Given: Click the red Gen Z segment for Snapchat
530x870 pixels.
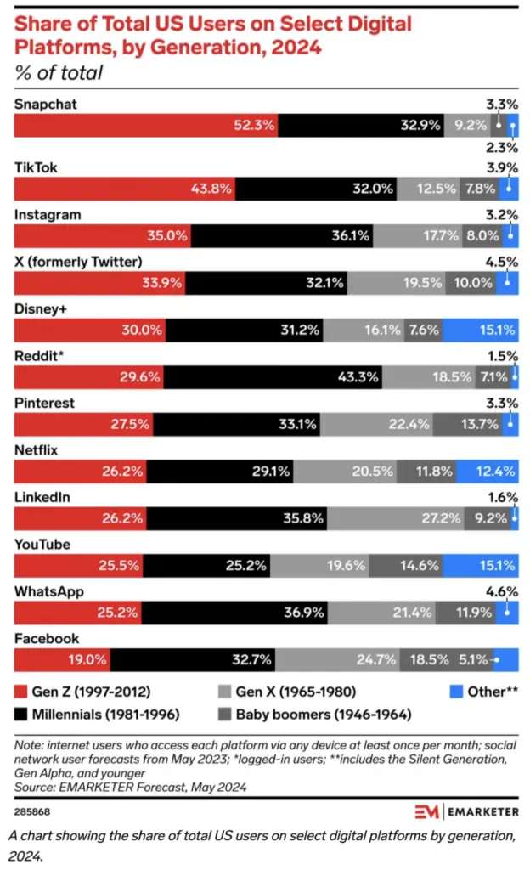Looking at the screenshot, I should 144,125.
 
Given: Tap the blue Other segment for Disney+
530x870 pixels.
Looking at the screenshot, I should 481,330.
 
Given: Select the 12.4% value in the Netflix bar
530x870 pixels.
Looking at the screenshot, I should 494,470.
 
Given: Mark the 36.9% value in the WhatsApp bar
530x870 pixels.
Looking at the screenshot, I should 305,611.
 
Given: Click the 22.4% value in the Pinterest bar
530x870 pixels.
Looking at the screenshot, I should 409,423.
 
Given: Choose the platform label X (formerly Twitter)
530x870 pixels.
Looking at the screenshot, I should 77,261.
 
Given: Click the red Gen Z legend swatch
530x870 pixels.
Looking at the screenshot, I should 21,692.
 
